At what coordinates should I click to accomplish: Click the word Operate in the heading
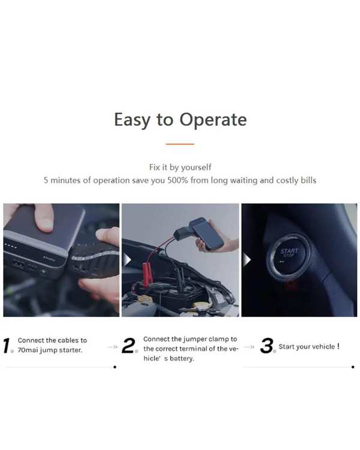coord(213,120)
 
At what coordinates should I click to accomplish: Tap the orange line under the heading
coord(180,144)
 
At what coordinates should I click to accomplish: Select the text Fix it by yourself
coord(180,167)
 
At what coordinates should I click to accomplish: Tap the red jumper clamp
coord(146,275)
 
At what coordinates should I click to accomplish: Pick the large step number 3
coord(266,345)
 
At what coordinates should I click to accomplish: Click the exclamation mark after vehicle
coord(338,346)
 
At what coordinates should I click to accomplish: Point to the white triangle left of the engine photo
coord(127,260)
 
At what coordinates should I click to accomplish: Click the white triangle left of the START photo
coord(247,260)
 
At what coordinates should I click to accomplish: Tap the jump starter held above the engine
coord(206,233)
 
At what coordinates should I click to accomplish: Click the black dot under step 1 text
coord(115,367)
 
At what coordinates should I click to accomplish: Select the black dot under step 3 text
coord(353,367)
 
